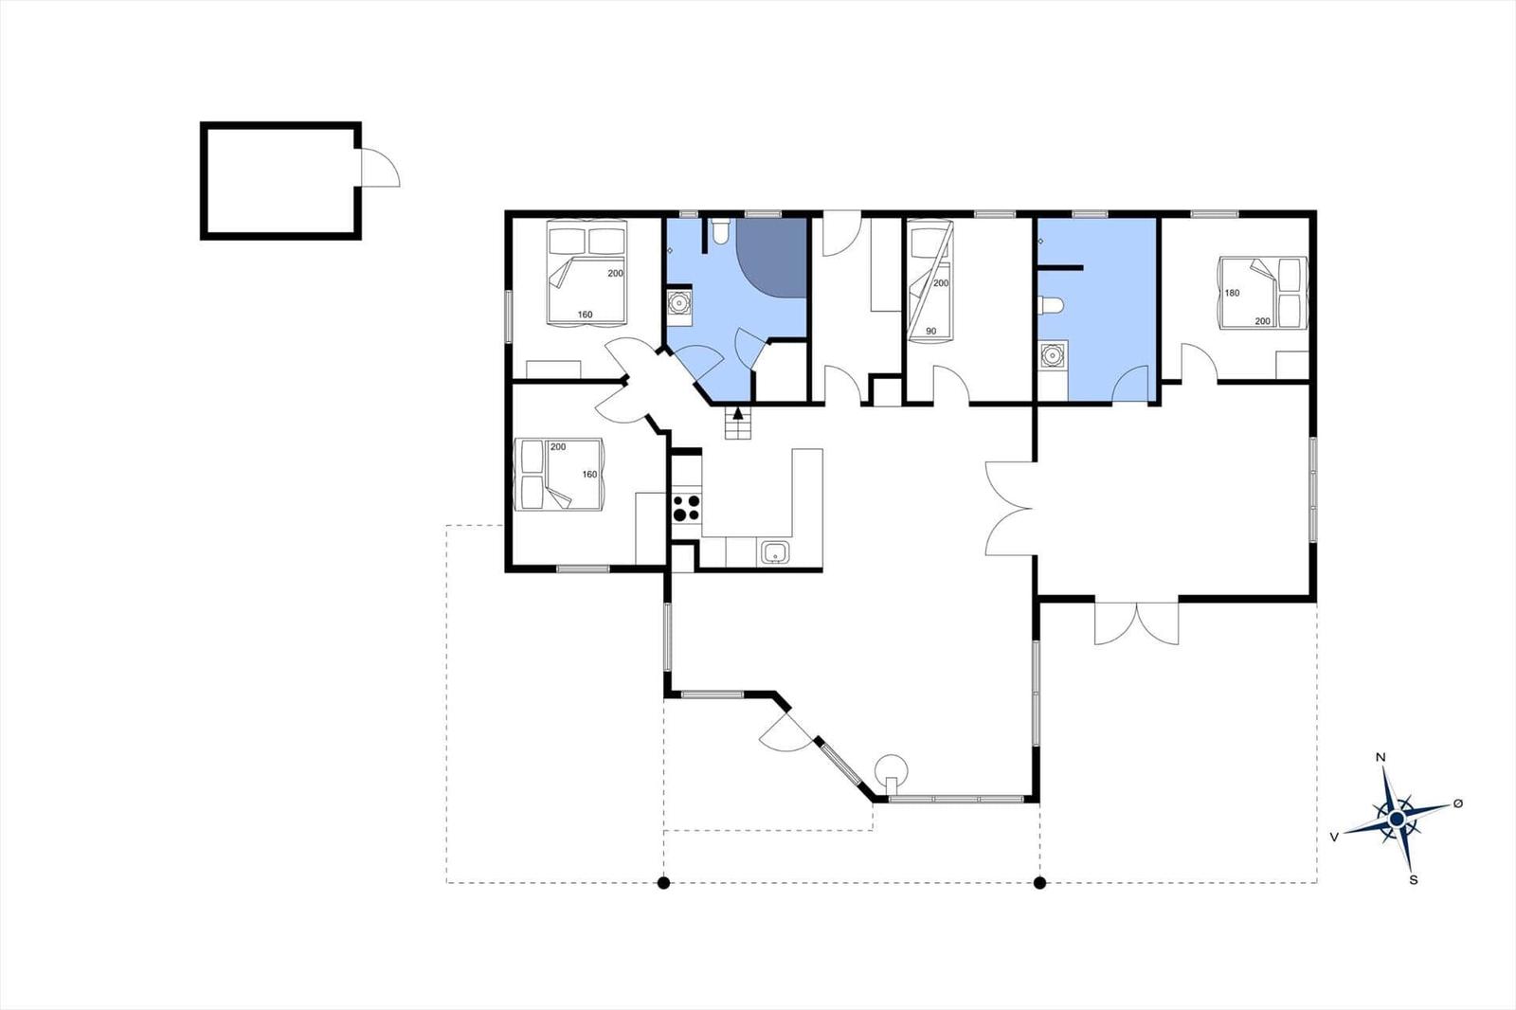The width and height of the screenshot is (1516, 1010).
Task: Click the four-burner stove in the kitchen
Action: (x=686, y=508)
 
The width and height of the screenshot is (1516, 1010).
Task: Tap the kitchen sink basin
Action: (x=775, y=552)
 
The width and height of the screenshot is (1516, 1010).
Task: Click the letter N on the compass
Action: (x=1381, y=758)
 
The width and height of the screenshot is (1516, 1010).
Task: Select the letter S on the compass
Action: (x=1413, y=880)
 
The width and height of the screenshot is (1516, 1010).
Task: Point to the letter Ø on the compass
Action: (x=1458, y=803)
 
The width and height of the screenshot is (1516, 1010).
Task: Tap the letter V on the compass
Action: (x=1334, y=838)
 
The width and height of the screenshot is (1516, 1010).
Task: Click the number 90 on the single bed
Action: (x=931, y=331)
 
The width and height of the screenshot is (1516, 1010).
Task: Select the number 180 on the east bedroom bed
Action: (x=1233, y=293)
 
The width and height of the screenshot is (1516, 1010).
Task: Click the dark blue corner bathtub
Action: (x=771, y=258)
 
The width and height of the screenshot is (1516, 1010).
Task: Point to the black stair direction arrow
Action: (x=738, y=413)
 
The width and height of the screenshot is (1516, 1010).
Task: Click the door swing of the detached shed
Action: (x=380, y=167)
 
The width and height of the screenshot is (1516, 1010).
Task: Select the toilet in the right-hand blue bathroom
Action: (x=1051, y=305)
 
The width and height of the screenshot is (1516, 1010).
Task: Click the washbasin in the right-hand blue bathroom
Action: (x=1052, y=354)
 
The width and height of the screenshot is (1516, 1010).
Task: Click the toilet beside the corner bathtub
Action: (x=719, y=230)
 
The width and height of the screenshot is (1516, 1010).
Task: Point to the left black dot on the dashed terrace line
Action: (x=664, y=883)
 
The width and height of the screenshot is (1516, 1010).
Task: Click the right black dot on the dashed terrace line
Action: (x=1040, y=883)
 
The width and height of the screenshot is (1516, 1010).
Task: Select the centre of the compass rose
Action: (x=1397, y=820)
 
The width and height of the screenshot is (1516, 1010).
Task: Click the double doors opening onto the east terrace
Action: (x=1137, y=622)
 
